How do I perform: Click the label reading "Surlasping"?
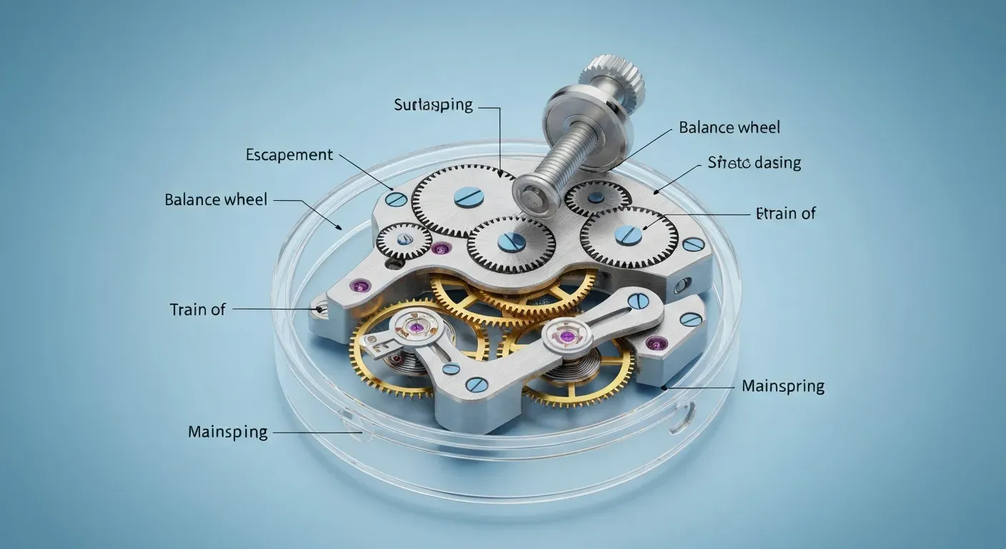tap(433, 105)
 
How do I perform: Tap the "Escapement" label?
tap(289, 154)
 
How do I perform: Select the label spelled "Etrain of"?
tap(785, 213)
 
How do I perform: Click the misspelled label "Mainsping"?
tap(227, 432)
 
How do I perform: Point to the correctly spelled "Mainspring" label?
tap(782, 386)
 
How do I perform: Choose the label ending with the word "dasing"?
tap(754, 162)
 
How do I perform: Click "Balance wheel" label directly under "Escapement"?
tap(216, 199)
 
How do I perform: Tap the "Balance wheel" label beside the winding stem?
tap(729, 128)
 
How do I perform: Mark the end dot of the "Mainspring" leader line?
tap(664, 387)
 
